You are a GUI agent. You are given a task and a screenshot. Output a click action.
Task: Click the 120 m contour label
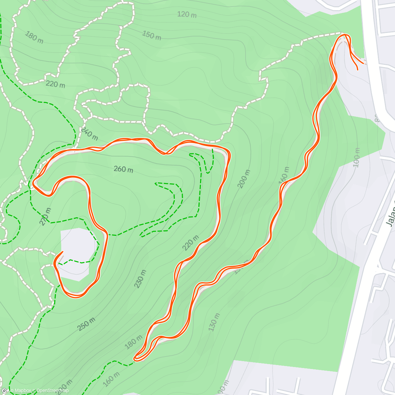(187, 14)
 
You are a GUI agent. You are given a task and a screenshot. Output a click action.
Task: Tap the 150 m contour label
(152, 35)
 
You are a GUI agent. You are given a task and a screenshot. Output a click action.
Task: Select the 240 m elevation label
(89, 133)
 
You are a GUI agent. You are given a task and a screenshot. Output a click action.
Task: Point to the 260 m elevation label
(123, 169)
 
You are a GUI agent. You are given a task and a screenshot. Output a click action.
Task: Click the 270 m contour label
(45, 217)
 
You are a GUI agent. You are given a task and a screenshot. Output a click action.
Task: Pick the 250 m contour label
(87, 324)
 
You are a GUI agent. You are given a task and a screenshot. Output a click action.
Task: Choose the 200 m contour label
(244, 179)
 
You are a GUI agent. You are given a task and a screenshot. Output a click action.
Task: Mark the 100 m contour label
(357, 157)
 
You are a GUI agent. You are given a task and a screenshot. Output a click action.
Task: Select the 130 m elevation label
(214, 322)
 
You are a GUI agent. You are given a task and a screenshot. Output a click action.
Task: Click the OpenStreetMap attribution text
(52, 391)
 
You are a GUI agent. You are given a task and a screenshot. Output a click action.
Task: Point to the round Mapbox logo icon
(5, 391)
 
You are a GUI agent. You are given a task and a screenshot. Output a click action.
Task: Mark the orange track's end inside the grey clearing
(63, 252)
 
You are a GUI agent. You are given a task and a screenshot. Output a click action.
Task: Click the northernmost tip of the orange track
(344, 35)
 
